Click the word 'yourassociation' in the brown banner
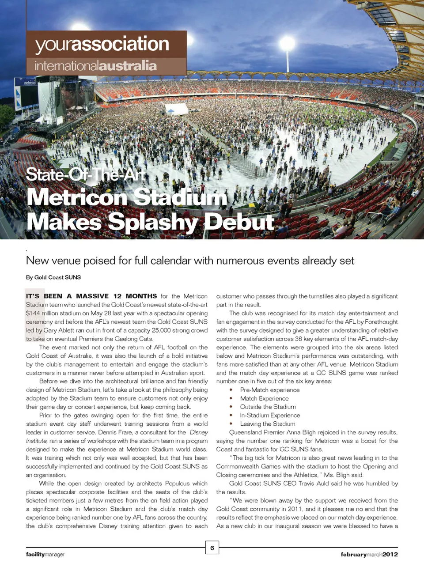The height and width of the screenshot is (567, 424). click(102, 44)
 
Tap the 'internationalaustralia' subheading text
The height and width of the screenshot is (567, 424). click(95, 66)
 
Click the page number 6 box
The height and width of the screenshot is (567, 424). click(212, 548)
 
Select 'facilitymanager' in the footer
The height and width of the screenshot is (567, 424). click(45, 555)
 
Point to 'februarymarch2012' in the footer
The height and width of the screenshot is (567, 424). click(369, 555)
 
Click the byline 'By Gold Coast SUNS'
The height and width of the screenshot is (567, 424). click(53, 277)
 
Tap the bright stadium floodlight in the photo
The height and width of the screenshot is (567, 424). click(287, 43)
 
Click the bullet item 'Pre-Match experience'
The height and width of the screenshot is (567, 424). click(269, 390)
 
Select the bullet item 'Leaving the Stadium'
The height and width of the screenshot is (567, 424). click(268, 424)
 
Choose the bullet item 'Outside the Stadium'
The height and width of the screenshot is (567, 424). click(268, 407)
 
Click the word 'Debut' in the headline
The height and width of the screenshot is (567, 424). click(239, 222)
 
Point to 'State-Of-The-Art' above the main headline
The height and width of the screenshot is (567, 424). click(86, 175)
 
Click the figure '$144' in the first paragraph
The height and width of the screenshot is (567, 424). click(33, 313)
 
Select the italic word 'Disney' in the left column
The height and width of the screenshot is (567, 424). click(198, 432)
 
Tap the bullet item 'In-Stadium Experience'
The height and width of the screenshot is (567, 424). click(270, 415)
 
